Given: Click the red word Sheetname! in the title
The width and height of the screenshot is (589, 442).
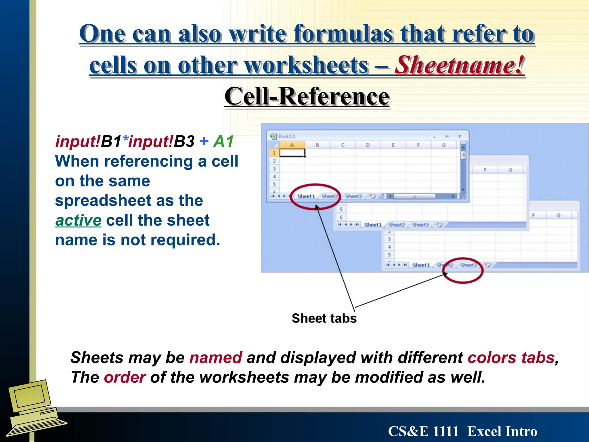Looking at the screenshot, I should click(x=459, y=65).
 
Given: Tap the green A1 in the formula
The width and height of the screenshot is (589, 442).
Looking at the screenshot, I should click(x=223, y=141).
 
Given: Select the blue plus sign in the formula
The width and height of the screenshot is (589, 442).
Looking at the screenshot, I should click(x=204, y=141).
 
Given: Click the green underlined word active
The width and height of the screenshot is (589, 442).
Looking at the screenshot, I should click(x=78, y=220).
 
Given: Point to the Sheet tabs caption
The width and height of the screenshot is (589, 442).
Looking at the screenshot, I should click(x=324, y=318).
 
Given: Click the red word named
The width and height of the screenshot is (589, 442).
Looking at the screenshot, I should click(x=216, y=358).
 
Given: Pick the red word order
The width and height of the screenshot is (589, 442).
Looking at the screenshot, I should click(x=125, y=377).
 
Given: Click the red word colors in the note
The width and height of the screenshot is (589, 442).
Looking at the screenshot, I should click(x=492, y=358).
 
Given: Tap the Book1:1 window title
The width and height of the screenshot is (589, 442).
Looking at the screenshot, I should click(x=286, y=136).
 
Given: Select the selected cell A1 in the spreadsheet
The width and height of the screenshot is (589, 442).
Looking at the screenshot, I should click(x=292, y=153).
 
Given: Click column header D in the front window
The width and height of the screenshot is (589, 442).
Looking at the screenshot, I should click(x=368, y=145).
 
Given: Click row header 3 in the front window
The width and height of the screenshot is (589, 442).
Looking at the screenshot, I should click(x=274, y=169).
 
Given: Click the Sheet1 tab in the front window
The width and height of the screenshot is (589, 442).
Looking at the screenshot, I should click(x=306, y=197).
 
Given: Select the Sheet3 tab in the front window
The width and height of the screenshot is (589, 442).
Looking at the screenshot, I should click(x=353, y=197).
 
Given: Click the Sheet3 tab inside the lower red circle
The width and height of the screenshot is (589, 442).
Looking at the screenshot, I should click(x=468, y=265).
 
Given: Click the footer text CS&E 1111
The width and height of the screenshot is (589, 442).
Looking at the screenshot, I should click(x=423, y=431).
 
